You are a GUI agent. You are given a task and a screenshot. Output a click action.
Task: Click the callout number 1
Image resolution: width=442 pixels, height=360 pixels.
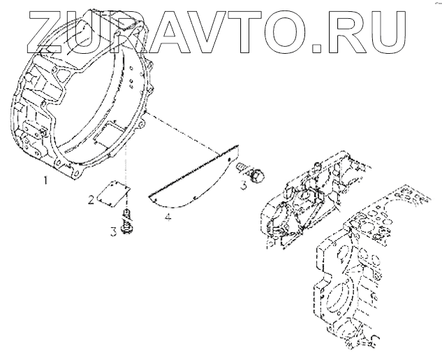click(45, 180)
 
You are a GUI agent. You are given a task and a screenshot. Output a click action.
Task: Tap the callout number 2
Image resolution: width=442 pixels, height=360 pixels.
click(91, 200)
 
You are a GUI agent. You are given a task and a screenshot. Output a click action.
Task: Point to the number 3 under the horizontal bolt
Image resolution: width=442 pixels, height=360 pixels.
click(244, 185)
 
